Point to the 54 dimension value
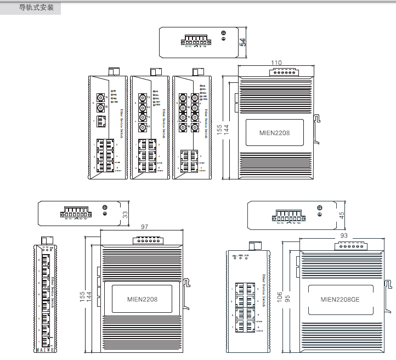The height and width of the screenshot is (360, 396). coord(242,41)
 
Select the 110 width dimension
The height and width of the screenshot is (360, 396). coord(277,63)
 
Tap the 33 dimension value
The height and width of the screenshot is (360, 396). coord(125,214)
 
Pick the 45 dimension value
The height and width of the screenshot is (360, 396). coord(342,215)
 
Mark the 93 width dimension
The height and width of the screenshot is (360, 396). coord(344,235)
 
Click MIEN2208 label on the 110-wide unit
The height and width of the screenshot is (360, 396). coord(274,132)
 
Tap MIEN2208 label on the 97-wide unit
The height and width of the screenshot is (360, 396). coord(142,300)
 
